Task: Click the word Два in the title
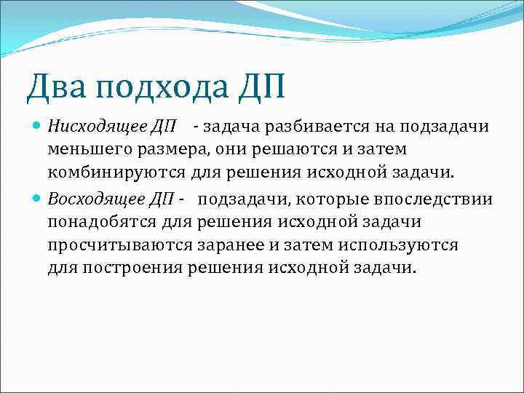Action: [56, 87]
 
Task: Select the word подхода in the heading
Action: [159, 87]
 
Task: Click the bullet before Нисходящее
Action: [38, 127]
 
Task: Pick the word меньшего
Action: [87, 150]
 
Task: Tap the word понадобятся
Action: [103, 222]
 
